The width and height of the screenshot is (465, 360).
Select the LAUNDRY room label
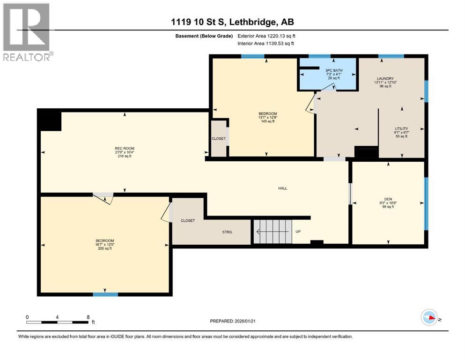[x=385, y=79]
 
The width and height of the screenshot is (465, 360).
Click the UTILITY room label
[x=401, y=128]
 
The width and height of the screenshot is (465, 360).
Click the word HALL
[x=282, y=188]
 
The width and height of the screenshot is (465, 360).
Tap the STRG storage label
[x=227, y=232]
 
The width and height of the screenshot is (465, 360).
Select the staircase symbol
[x=273, y=231]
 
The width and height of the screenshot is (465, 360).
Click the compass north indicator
[x=429, y=318]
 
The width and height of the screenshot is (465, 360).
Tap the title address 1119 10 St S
[x=232, y=22]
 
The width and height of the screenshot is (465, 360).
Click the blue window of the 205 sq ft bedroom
[x=105, y=294]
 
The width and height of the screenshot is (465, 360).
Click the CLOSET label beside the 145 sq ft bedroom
[x=219, y=139]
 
